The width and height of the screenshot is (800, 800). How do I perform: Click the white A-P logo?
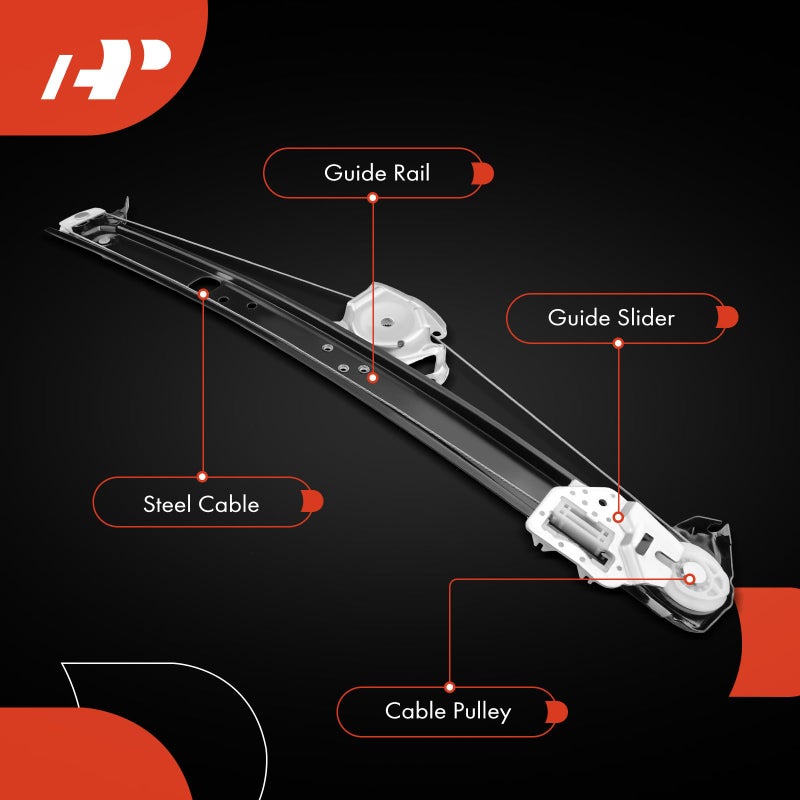pyautogui.click(x=105, y=71)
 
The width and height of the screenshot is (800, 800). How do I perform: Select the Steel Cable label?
pyautogui.click(x=202, y=503)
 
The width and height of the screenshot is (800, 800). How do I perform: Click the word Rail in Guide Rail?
pyautogui.click(x=410, y=173)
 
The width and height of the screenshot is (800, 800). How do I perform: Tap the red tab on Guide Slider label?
pyautogui.click(x=728, y=318)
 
